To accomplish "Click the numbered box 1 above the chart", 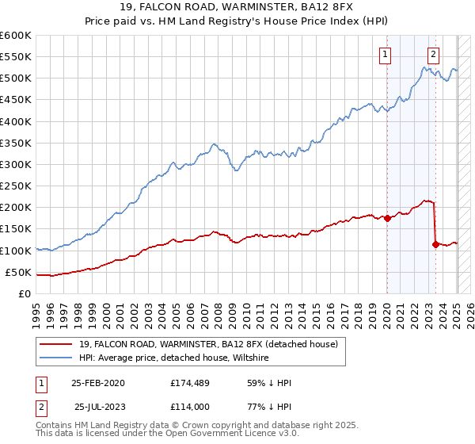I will point(385,55).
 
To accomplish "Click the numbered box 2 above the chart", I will point(434,55).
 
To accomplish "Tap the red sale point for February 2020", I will point(387,218).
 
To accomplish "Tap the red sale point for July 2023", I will point(435,244).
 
